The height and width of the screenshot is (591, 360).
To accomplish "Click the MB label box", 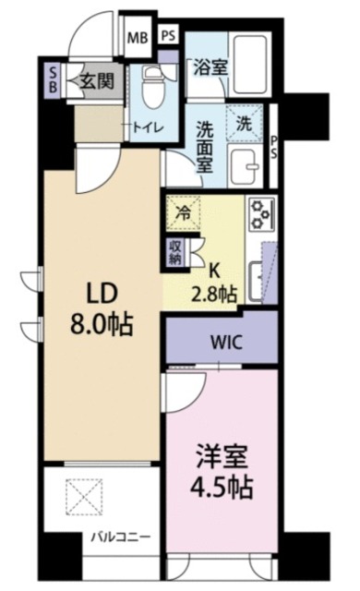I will coord(137,38).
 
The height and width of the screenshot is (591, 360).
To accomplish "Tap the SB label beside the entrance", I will coord(52,79).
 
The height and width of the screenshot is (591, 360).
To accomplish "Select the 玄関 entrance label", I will coord(96,80).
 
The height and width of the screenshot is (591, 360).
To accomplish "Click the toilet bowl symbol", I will coord(154,87).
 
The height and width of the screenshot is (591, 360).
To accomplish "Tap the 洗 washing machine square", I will coord(243,120).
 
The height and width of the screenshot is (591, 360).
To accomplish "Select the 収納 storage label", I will coord(175,252).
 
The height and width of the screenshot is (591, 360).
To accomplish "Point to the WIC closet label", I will coord(222,341).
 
